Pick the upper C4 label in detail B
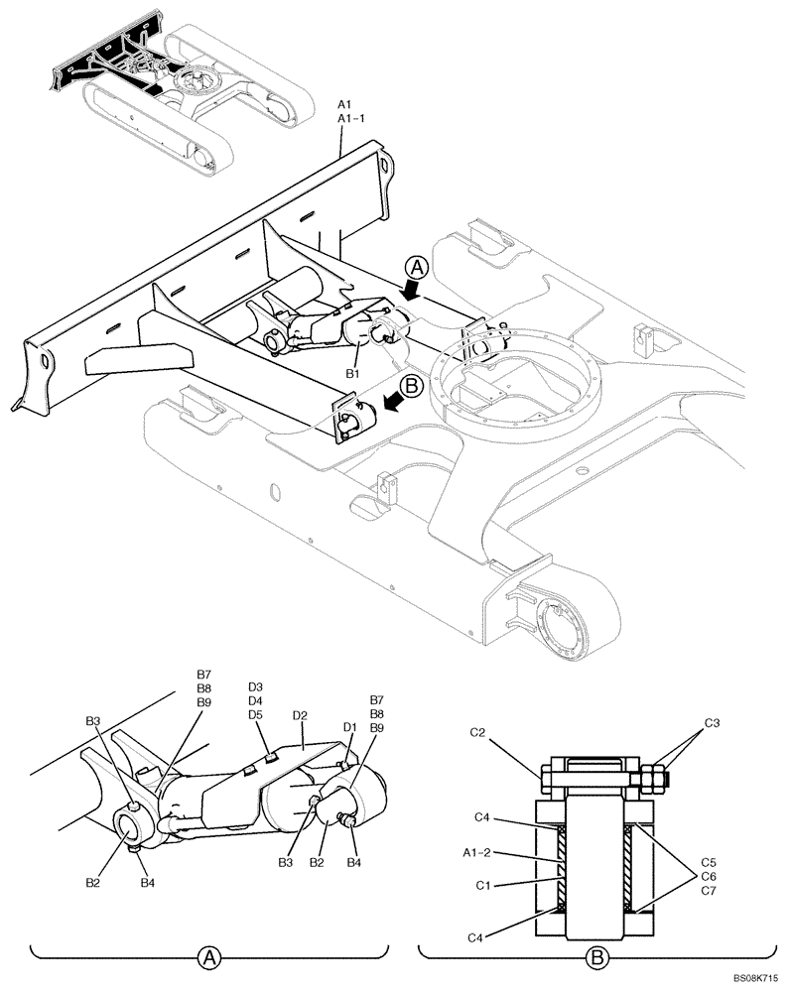click(481, 816)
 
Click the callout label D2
click(300, 714)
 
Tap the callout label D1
click(349, 727)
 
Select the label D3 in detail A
click(255, 686)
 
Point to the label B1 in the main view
click(351, 372)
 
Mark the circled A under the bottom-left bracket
click(208, 957)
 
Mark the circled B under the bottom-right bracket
click(596, 957)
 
